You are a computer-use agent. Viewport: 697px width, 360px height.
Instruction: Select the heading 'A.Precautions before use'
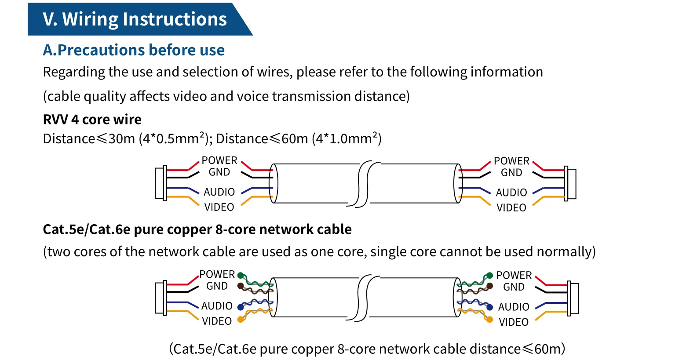[x=134, y=50]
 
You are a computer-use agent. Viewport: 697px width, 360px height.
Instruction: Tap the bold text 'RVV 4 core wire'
[x=92, y=120]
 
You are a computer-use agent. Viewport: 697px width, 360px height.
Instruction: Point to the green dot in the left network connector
[x=241, y=275]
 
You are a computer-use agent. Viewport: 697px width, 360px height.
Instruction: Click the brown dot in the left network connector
[x=241, y=286]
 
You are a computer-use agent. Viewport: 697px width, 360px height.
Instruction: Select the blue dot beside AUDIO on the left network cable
[x=241, y=307]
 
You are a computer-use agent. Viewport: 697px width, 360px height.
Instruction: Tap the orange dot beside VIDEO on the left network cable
[x=241, y=320]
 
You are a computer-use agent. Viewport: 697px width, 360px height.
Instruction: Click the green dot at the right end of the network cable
[x=490, y=275]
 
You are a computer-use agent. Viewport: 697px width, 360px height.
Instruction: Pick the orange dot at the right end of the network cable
[x=490, y=320]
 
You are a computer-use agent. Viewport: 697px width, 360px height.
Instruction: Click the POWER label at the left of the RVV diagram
[x=219, y=160]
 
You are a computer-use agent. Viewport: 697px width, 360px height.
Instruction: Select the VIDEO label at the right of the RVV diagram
[x=511, y=208]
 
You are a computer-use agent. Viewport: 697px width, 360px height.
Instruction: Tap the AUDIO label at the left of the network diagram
[x=217, y=306]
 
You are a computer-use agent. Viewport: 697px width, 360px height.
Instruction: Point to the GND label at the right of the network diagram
[x=514, y=287]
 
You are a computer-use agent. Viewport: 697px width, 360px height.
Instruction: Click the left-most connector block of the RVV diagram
[x=161, y=183]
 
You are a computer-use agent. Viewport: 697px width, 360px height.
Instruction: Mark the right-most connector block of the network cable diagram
[x=573, y=298]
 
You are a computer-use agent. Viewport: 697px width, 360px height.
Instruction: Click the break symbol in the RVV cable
[x=363, y=184]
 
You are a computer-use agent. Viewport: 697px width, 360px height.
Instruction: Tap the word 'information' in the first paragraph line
[x=507, y=72]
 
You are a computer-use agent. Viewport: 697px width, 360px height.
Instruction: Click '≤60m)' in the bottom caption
[x=543, y=349]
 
